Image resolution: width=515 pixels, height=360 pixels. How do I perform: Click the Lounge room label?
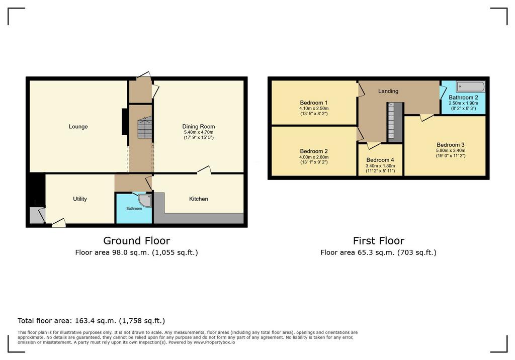[78, 127]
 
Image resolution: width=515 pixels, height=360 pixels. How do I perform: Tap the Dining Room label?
[198, 127]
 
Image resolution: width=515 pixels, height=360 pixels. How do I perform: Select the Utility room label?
[80, 199]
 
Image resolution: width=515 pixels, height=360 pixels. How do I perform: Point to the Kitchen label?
[198, 199]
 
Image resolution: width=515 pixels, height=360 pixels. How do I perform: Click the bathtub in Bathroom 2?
[471, 86]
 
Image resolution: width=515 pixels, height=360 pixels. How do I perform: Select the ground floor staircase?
[145, 127]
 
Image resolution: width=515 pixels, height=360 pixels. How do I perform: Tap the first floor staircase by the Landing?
[391, 121]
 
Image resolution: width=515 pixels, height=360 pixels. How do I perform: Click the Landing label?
[388, 91]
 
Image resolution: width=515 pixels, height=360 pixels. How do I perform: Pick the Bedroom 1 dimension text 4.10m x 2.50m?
[314, 109]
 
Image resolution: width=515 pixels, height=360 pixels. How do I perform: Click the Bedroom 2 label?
[314, 151]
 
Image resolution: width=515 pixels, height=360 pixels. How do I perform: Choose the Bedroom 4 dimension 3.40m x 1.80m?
[380, 166]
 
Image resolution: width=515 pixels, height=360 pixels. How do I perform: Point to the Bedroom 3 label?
[451, 145]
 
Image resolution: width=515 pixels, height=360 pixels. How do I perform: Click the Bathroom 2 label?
[463, 98]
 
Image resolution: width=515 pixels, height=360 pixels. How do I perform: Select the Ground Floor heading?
[137, 241]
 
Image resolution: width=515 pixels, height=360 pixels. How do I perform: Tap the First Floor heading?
[379, 241]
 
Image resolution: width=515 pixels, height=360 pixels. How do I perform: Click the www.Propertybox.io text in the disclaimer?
[214, 342]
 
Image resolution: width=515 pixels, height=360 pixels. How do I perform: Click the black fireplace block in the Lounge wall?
[125, 122]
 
